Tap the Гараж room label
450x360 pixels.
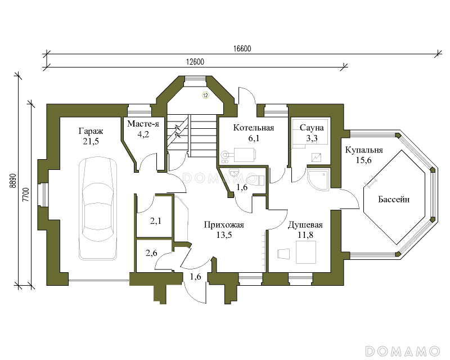pyautogui.click(x=91, y=132)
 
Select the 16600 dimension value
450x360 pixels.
pyautogui.click(x=242, y=48)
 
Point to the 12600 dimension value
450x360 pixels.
pyautogui.click(x=195, y=62)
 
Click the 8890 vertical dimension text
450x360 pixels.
pyautogui.click(x=12, y=181)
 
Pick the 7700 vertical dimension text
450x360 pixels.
pyautogui.click(x=26, y=195)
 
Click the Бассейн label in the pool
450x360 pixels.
pyautogui.click(x=394, y=199)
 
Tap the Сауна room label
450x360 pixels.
pyautogui.click(x=312, y=128)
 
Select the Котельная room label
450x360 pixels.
pyautogui.click(x=254, y=128)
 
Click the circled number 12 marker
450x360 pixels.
pyautogui.click(x=205, y=95)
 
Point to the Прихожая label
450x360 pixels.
pyautogui.click(x=224, y=224)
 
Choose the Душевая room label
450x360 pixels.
pyautogui.click(x=305, y=225)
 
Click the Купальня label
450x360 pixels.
pyautogui.click(x=364, y=150)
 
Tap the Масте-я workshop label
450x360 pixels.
pyautogui.click(x=143, y=124)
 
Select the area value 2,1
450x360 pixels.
pyautogui.click(x=156, y=221)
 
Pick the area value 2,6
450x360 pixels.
pyautogui.click(x=151, y=253)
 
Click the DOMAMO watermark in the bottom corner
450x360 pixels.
pyautogui.click(x=402, y=351)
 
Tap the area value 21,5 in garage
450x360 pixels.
pyautogui.click(x=91, y=141)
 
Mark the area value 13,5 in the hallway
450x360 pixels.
pyautogui.click(x=224, y=235)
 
